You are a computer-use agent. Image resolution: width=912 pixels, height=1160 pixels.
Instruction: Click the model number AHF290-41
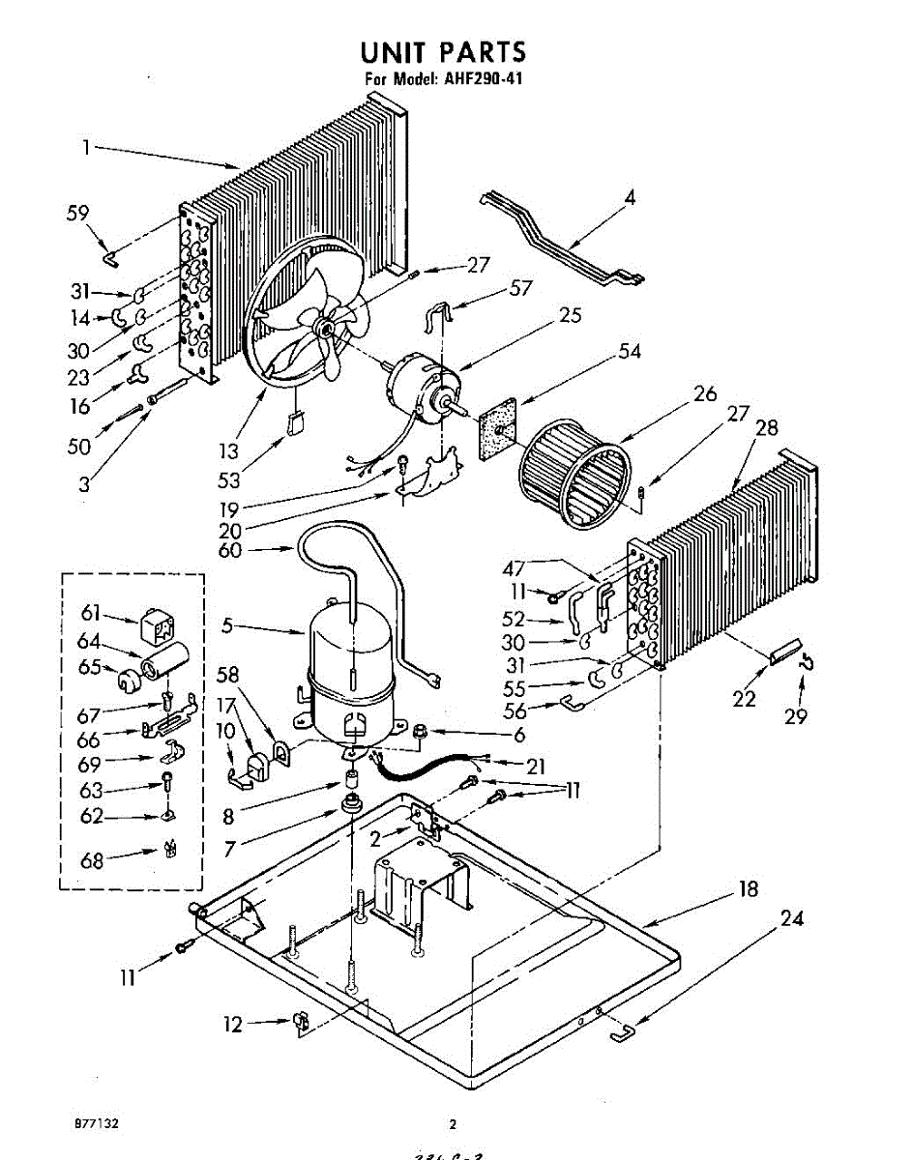pyautogui.click(x=471, y=79)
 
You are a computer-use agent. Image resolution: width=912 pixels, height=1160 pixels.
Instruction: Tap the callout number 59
pyautogui.click(x=77, y=215)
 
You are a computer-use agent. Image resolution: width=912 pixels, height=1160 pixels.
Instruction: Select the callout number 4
pyautogui.click(x=630, y=199)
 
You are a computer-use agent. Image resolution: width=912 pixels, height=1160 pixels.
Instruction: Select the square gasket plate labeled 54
pyautogui.click(x=498, y=426)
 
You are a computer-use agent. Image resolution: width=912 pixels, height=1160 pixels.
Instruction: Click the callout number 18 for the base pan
pyautogui.click(x=748, y=889)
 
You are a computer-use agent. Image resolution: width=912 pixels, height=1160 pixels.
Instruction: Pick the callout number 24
pyautogui.click(x=791, y=918)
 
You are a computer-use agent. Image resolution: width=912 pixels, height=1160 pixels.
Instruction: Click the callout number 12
pyautogui.click(x=233, y=1025)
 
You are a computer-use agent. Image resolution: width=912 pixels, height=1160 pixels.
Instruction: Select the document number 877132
pyautogui.click(x=96, y=1124)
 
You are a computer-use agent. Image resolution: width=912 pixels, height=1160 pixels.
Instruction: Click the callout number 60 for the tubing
pyautogui.click(x=228, y=552)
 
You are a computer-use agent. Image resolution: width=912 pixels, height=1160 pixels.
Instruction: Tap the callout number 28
pyautogui.click(x=766, y=427)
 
